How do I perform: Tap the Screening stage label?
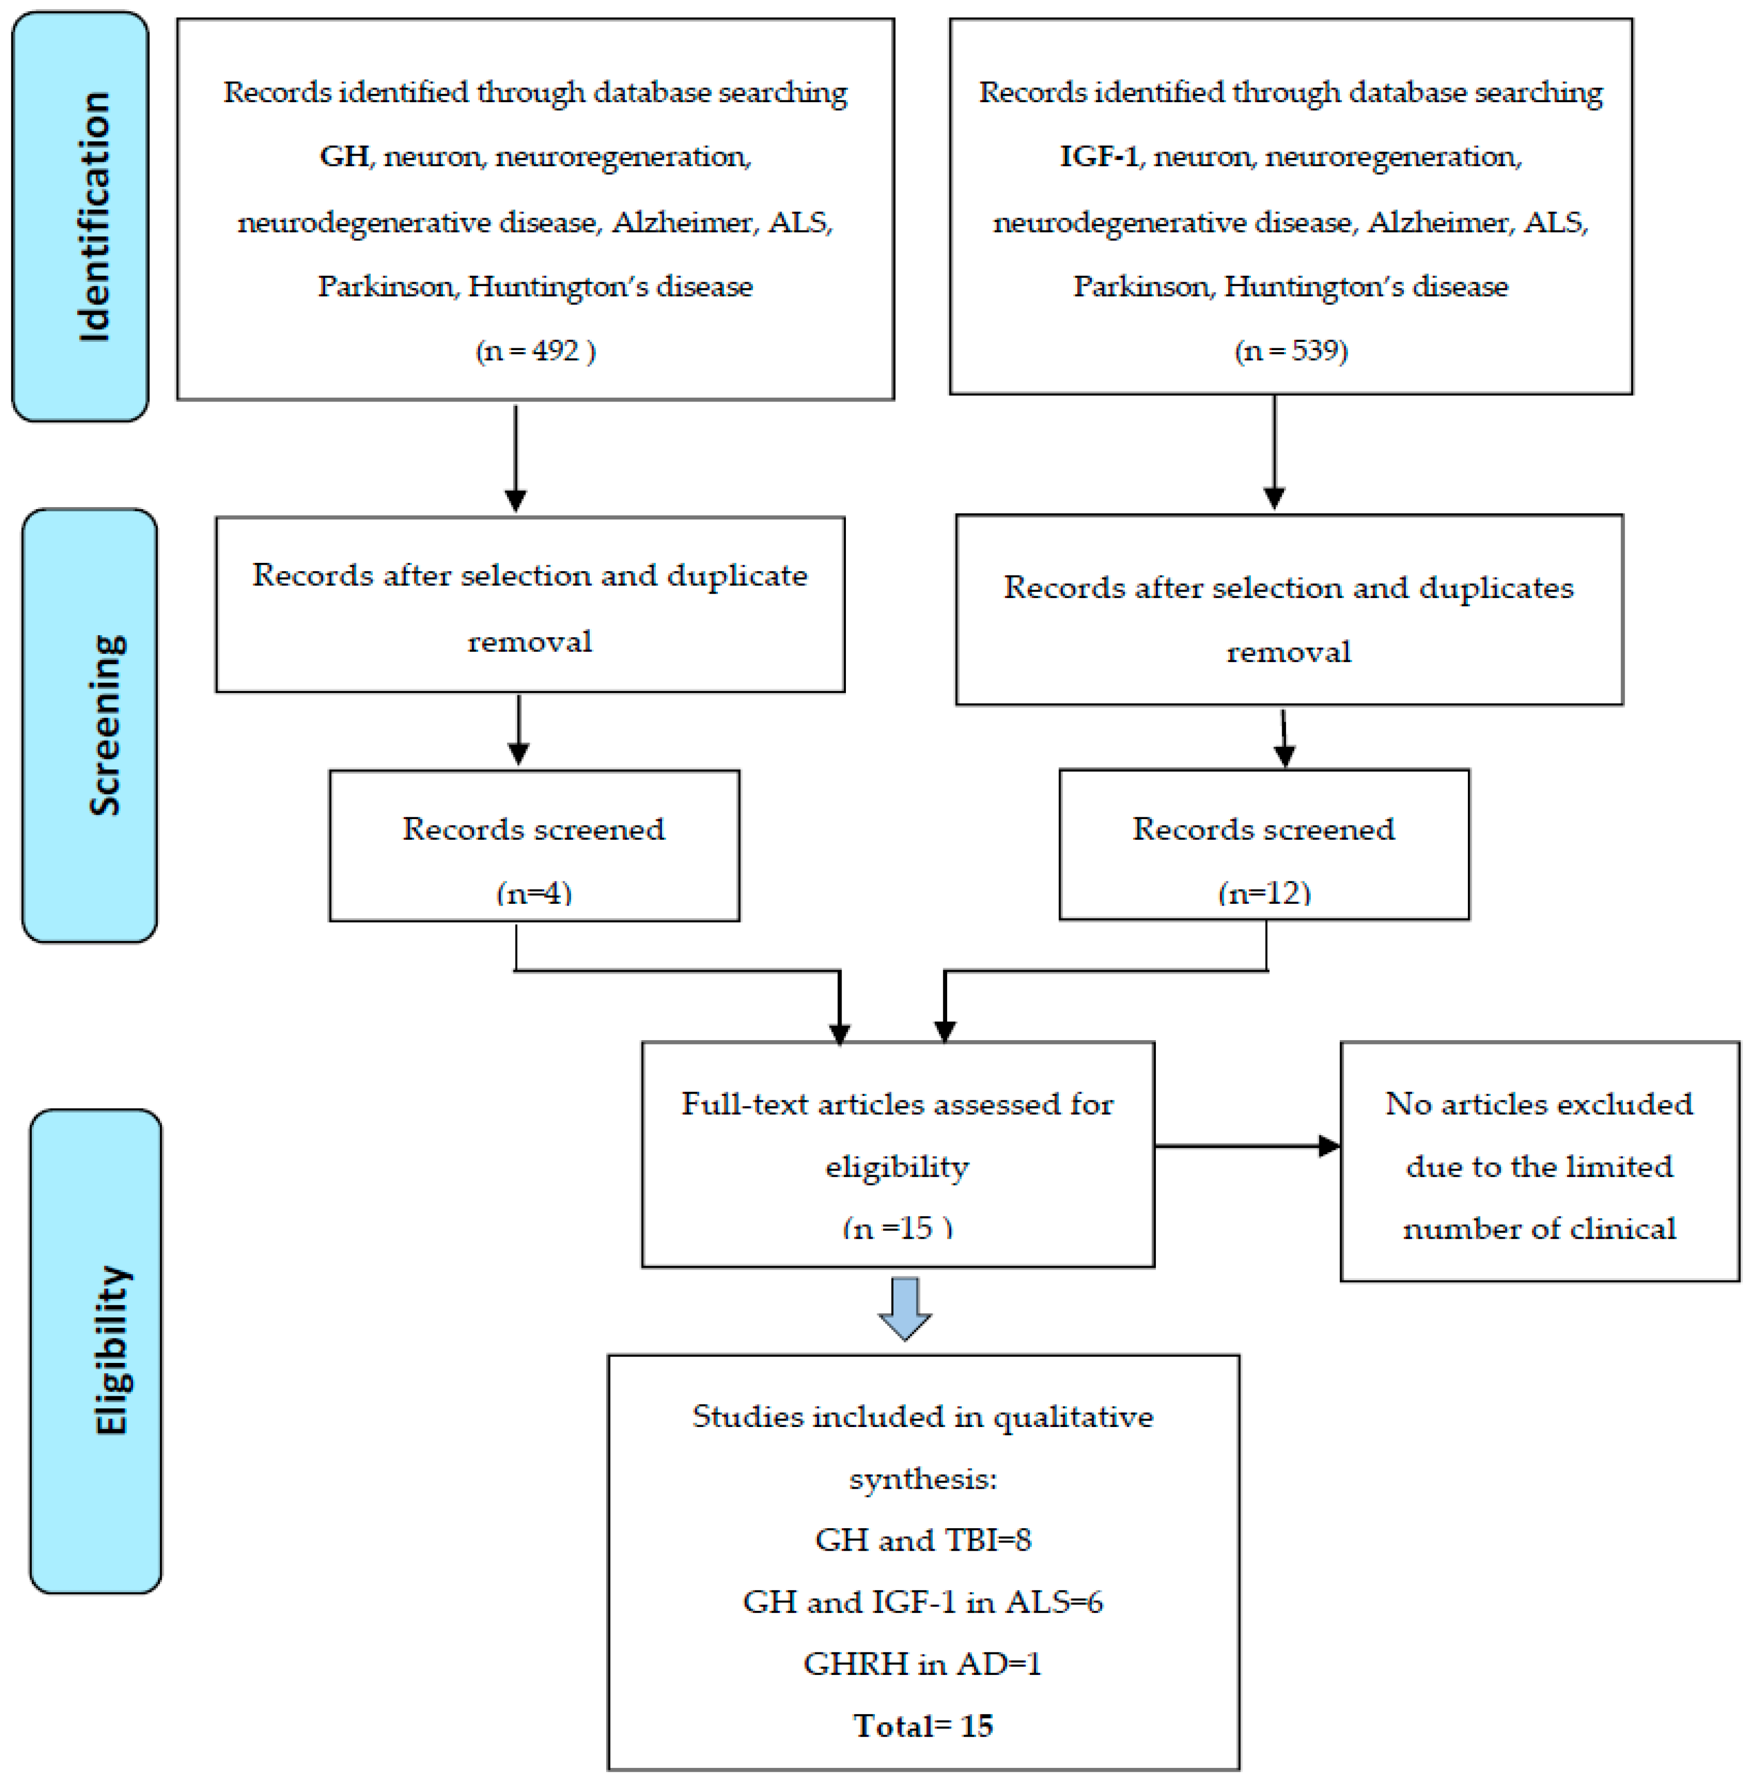106,725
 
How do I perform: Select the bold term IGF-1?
1099,156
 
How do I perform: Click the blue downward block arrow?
906,1308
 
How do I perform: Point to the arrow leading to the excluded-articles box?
1247,1146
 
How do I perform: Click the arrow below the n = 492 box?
516,458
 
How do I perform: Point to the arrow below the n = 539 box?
1274,452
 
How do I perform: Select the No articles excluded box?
1540,1161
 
